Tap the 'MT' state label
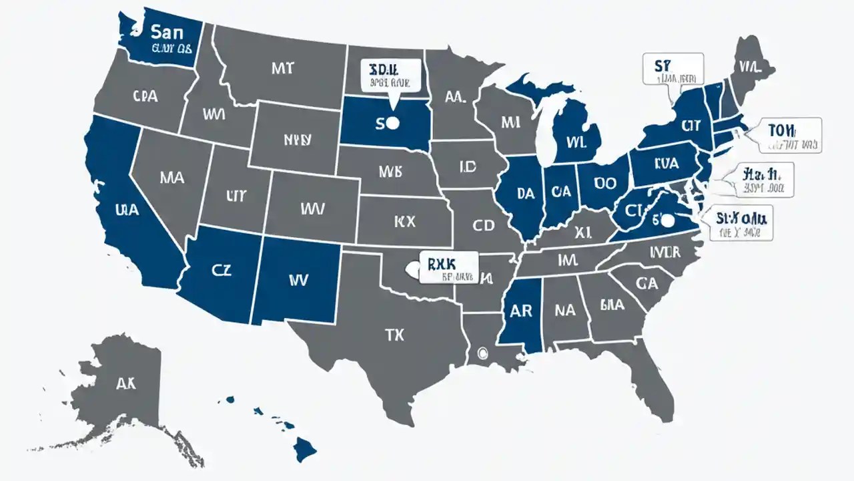click(283, 67)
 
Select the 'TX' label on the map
click(394, 335)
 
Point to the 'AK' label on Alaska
click(125, 383)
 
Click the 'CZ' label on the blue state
click(222, 271)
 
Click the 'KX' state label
click(404, 220)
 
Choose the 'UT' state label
click(237, 196)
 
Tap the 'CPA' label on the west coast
click(145, 96)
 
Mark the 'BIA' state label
click(612, 305)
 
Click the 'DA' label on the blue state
click(526, 193)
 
